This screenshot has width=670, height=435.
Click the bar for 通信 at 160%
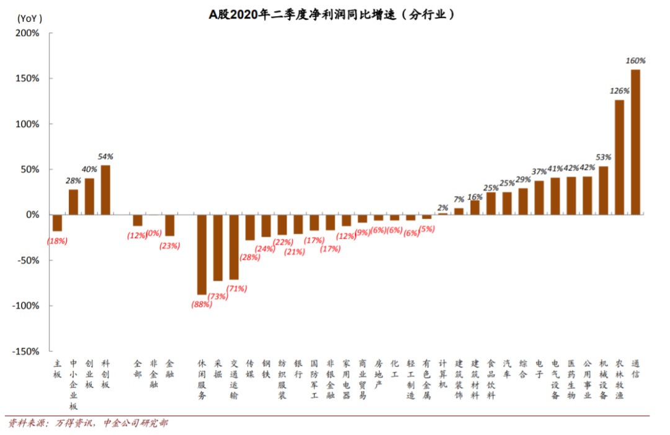(x=635, y=142)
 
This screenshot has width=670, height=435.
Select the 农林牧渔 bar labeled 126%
(x=619, y=157)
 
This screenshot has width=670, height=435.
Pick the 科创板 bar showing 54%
(x=105, y=190)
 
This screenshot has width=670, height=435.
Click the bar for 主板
(x=57, y=222)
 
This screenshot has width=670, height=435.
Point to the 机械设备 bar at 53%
(x=603, y=190)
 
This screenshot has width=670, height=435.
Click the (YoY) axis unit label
(x=30, y=18)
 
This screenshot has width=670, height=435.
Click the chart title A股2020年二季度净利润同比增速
(x=332, y=14)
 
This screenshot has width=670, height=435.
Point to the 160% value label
(x=635, y=61)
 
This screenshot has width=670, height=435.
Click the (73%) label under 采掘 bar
(x=218, y=296)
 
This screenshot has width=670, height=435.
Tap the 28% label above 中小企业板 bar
(x=74, y=180)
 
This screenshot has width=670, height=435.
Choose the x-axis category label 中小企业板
(x=73, y=384)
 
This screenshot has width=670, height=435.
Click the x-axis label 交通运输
(x=234, y=380)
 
